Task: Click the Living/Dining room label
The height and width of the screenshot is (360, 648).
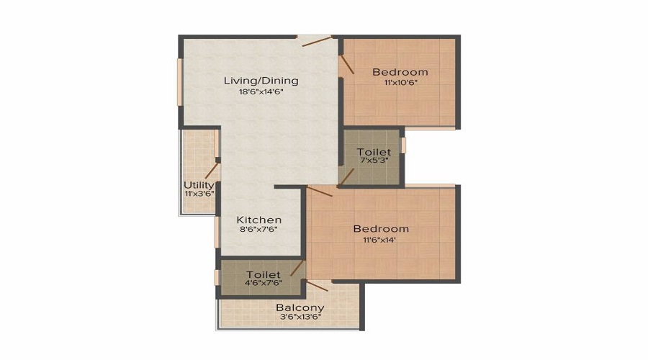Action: [261, 81]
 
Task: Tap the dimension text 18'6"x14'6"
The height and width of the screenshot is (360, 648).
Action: [261, 92]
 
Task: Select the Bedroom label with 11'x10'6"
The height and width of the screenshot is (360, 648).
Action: [400, 72]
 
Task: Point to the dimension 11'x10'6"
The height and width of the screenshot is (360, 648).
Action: [400, 83]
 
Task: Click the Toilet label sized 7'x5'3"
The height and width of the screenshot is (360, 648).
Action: [374, 152]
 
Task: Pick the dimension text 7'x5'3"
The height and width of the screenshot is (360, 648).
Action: [374, 161]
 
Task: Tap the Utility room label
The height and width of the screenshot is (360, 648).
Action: [199, 185]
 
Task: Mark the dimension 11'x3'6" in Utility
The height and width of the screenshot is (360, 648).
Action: [199, 194]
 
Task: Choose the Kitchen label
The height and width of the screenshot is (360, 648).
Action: [259, 220]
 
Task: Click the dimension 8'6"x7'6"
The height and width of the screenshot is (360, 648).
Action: [259, 230]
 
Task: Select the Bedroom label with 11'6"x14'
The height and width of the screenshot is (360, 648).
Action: [381, 229]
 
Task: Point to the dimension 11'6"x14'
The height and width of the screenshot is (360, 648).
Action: [381, 240]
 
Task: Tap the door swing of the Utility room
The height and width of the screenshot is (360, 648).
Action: [211, 170]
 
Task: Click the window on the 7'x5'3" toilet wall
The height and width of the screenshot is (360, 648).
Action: [403, 145]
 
